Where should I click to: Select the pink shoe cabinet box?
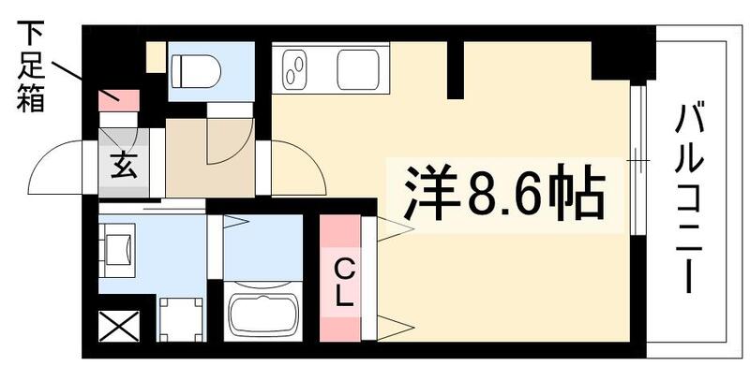(119, 96)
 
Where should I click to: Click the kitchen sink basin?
(357, 68)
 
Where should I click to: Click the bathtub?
(263, 313)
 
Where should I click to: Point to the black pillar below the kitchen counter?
(456, 70)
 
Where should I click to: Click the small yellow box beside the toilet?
(156, 57)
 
